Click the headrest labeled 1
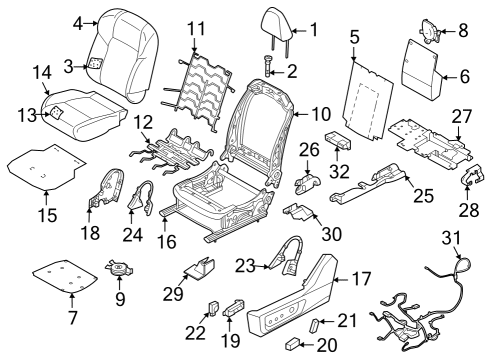click(x=276, y=24)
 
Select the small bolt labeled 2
click(x=269, y=64)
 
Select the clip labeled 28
click(x=468, y=180)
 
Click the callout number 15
click(x=43, y=214)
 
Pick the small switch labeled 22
click(x=212, y=305)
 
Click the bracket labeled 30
click(x=298, y=212)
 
